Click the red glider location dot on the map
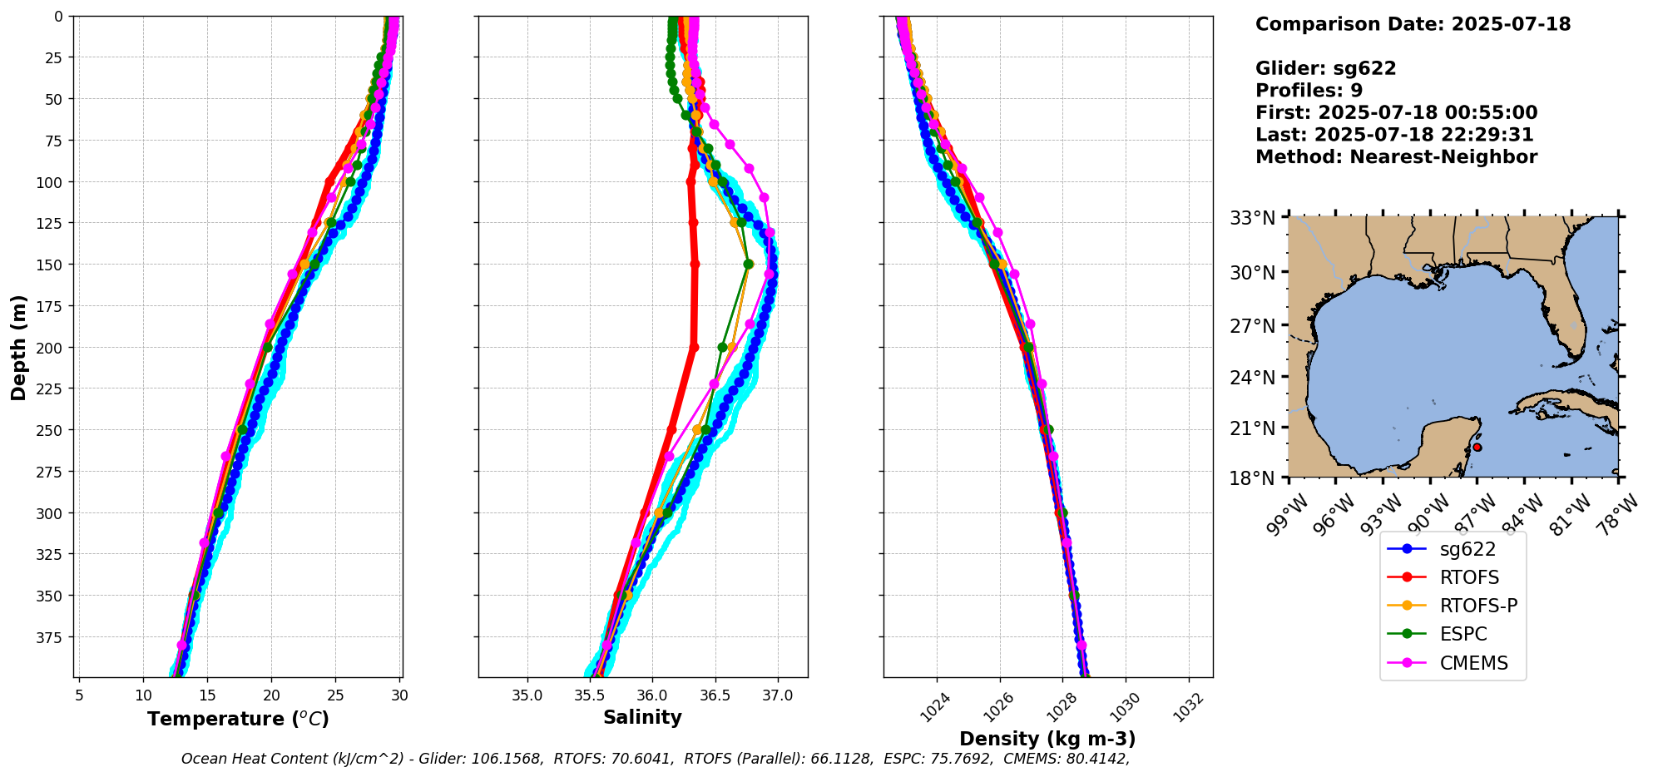(x=1477, y=447)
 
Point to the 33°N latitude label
(x=1253, y=218)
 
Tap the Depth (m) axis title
(x=18, y=347)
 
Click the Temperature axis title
(x=238, y=719)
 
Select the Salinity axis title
(x=642, y=717)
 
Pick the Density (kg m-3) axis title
(x=1047, y=739)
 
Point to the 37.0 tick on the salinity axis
(x=777, y=695)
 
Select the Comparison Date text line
(x=1413, y=24)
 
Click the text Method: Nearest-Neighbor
(x=1396, y=156)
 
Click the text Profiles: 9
(x=1309, y=90)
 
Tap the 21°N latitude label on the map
(x=1253, y=428)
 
